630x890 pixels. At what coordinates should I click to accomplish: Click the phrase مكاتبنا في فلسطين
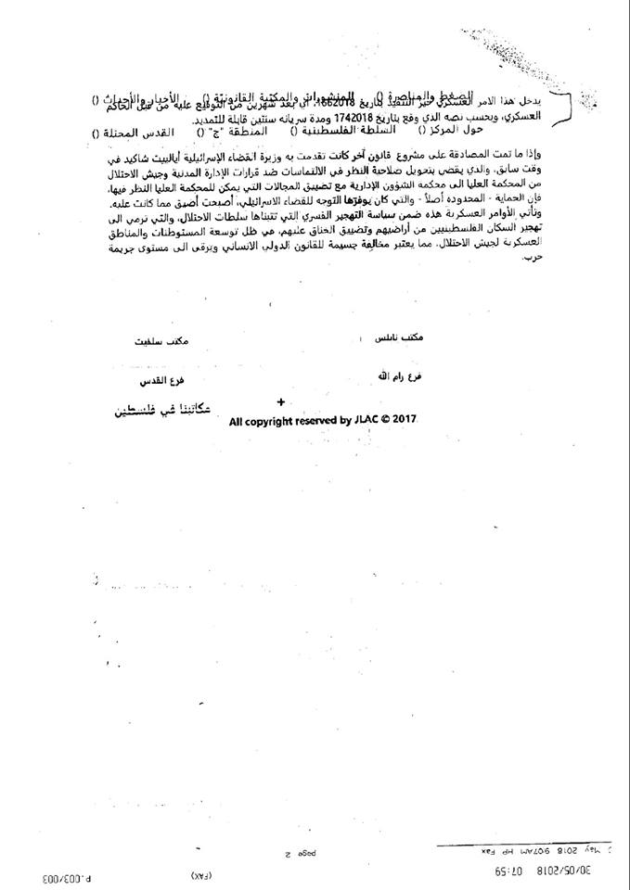169,407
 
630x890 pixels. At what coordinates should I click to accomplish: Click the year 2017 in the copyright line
403,421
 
